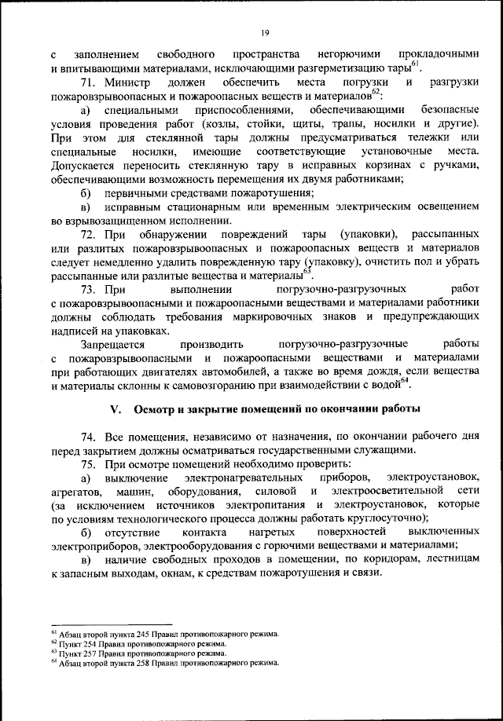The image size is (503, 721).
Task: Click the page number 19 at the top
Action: tap(266, 31)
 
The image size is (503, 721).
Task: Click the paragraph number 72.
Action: tap(88, 235)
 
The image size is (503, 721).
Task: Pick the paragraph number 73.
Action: tap(88, 290)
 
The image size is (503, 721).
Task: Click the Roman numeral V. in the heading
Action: tap(112, 409)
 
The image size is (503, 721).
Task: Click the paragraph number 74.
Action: tap(88, 437)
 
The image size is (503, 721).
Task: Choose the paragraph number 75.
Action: tap(88, 464)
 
